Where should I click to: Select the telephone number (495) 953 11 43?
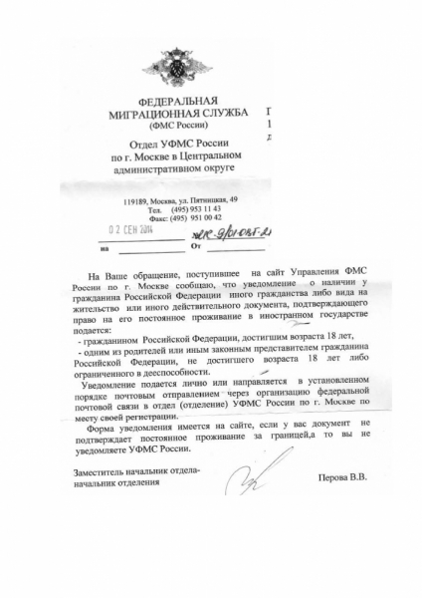click(x=193, y=210)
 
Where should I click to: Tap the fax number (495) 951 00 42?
click(x=193, y=218)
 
